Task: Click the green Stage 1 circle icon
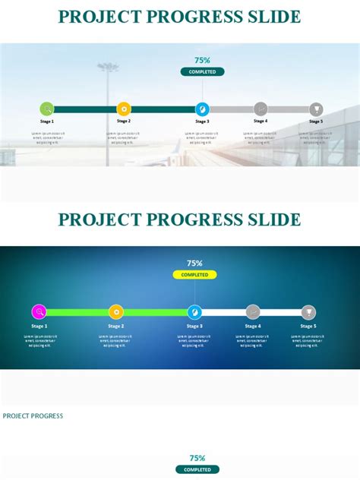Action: click(47, 109)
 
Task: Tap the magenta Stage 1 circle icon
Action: click(39, 311)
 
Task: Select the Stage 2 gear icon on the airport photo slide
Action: click(124, 109)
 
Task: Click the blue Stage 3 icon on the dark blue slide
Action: click(195, 311)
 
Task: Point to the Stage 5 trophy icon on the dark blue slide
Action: click(308, 311)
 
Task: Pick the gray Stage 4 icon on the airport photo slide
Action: click(261, 109)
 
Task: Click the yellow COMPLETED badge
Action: click(194, 275)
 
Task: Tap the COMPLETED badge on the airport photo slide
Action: click(202, 72)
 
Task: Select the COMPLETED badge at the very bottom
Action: click(197, 469)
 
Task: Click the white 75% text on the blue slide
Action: click(194, 263)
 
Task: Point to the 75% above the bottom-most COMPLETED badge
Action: click(197, 458)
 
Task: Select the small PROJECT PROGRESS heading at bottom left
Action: click(33, 415)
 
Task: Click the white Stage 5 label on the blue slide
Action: click(308, 326)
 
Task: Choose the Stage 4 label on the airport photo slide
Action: click(261, 121)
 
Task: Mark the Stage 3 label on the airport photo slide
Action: click(202, 121)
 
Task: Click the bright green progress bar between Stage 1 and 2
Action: click(77, 311)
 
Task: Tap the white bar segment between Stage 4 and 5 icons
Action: click(280, 311)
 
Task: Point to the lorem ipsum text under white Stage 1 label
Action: click(39, 339)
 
